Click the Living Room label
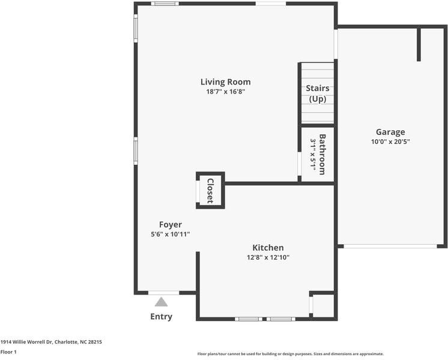[x=225, y=82]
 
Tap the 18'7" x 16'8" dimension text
[x=226, y=92]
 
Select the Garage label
[x=390, y=132]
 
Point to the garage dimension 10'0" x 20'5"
[x=390, y=142]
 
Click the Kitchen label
[x=268, y=248]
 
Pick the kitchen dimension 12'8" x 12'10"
[x=268, y=257]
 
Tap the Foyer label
[x=171, y=224]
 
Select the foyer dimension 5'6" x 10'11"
[x=171, y=235]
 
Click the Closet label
[x=210, y=191]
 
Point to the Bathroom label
[x=322, y=154]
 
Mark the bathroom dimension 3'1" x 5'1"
[x=313, y=154]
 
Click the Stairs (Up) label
[x=318, y=94]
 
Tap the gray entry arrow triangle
[x=161, y=302]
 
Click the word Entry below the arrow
[x=161, y=316]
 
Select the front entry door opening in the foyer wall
[x=164, y=293]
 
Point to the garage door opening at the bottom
[x=390, y=246]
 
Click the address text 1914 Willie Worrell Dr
[x=26, y=342]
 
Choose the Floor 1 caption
[x=8, y=352]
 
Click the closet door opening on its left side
[x=198, y=191]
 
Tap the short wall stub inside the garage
[x=419, y=43]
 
